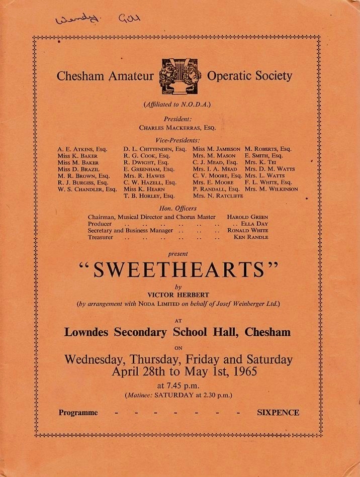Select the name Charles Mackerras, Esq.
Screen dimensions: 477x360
(177, 128)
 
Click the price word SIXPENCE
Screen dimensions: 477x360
(278, 413)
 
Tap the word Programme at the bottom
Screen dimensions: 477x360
(78, 413)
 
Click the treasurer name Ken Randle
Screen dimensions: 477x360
(251, 237)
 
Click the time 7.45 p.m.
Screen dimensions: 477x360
(178, 386)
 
